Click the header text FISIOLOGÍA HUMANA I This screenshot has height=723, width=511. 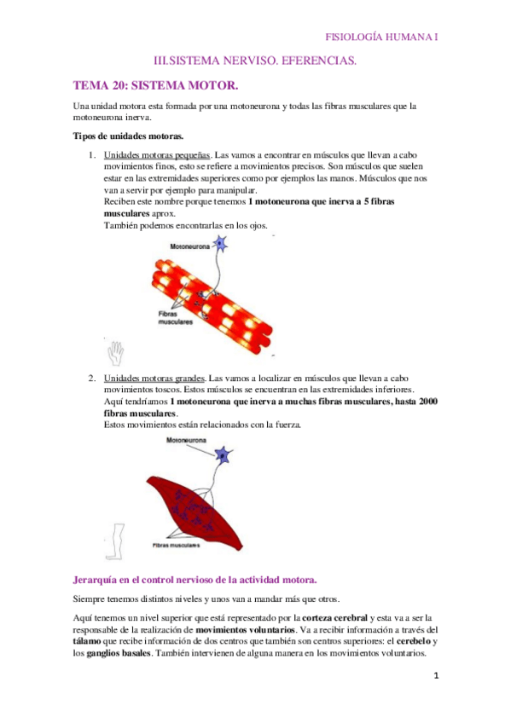point(383,37)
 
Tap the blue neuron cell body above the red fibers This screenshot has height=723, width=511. point(221,245)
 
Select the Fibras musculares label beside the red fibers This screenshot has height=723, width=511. point(174,317)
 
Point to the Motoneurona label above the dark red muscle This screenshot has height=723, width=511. point(187,441)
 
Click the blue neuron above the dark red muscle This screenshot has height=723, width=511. point(224,455)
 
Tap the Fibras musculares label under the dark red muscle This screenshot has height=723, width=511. point(177,543)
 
